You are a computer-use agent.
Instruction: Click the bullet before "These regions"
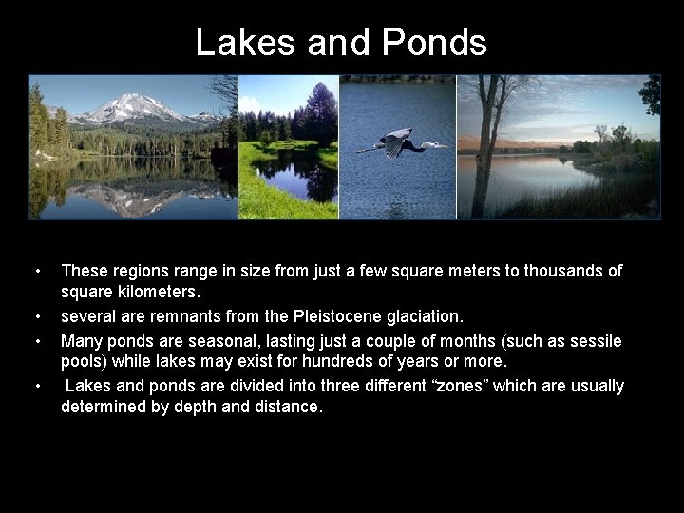pyautogui.click(x=36, y=272)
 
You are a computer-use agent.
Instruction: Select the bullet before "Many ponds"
pyautogui.click(x=36, y=340)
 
